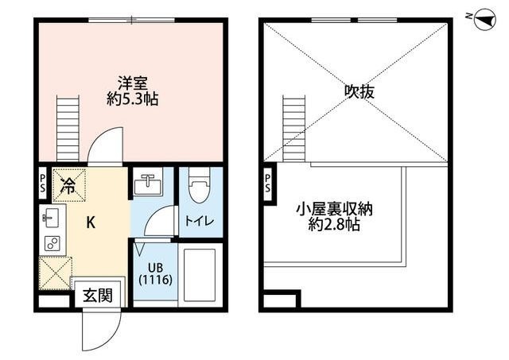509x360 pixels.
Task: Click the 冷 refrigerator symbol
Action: [68, 188]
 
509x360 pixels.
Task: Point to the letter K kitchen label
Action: [91, 224]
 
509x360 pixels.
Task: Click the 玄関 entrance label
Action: [97, 295]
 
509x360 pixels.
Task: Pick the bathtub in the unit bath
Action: [200, 273]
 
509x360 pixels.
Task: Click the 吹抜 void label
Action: [359, 91]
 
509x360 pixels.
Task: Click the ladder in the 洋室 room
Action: [70, 126]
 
